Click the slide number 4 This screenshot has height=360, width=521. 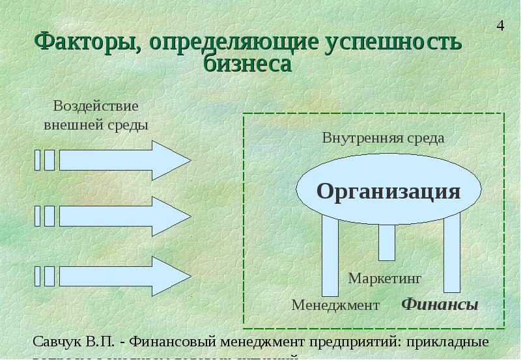pos(500,27)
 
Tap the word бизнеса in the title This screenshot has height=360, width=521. pos(247,64)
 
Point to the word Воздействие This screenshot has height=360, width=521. pos(96,105)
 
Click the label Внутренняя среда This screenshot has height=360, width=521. pos(383,138)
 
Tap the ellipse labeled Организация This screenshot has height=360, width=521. pos(389,191)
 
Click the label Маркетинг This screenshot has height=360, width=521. pos(385,278)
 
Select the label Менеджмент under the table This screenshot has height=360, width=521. pos(335,305)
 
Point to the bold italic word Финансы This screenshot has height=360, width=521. pos(439,305)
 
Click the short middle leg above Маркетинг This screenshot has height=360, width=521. pos(387,242)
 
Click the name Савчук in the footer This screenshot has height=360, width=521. pos(57,342)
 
